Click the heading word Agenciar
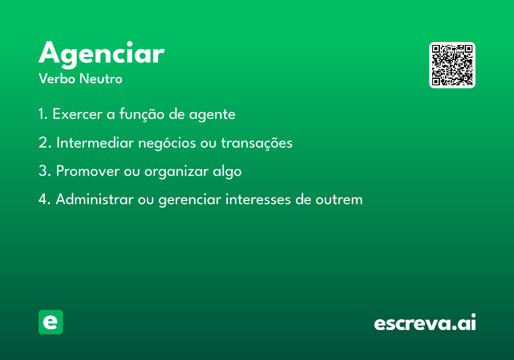102,55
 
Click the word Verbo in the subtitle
57,79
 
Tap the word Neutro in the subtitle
101,79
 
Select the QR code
452,65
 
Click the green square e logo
51,322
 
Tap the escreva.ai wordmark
425,322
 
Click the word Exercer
78,114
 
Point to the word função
142,114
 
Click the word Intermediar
95,143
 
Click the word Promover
88,171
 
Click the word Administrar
95,199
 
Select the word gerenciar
190,200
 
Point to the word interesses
258,199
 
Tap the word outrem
339,200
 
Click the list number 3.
43,171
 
